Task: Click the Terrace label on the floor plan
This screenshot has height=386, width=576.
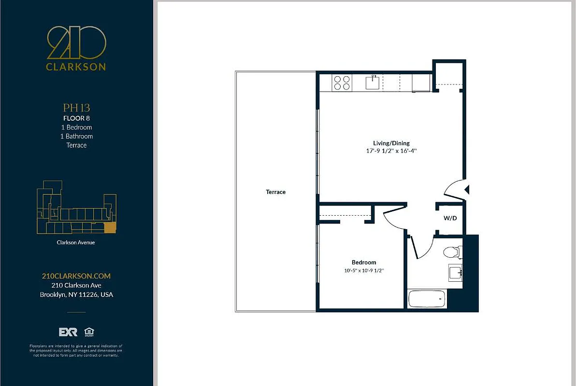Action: click(275, 192)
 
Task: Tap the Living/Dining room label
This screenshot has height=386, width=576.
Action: click(391, 143)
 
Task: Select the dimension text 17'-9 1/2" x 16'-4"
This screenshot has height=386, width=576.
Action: click(391, 151)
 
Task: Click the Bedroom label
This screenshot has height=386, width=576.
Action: click(364, 262)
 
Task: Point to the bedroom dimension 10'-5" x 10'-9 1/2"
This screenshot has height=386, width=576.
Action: click(364, 271)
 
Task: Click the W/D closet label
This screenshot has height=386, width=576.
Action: click(450, 219)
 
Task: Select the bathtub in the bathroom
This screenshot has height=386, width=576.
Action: click(427, 299)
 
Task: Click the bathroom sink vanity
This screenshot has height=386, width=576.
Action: click(455, 273)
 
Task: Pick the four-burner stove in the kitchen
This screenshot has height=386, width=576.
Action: click(342, 83)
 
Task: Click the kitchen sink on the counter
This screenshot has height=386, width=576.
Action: click(373, 83)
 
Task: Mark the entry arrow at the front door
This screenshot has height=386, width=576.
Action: click(466, 190)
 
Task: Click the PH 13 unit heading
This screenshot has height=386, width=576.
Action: click(76, 108)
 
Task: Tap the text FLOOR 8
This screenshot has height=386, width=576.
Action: click(76, 118)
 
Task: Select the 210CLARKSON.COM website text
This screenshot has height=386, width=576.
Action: click(76, 276)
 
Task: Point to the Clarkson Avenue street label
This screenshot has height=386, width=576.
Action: click(76, 243)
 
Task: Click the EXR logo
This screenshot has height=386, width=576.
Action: click(68, 332)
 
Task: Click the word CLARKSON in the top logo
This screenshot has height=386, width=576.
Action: click(76, 67)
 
